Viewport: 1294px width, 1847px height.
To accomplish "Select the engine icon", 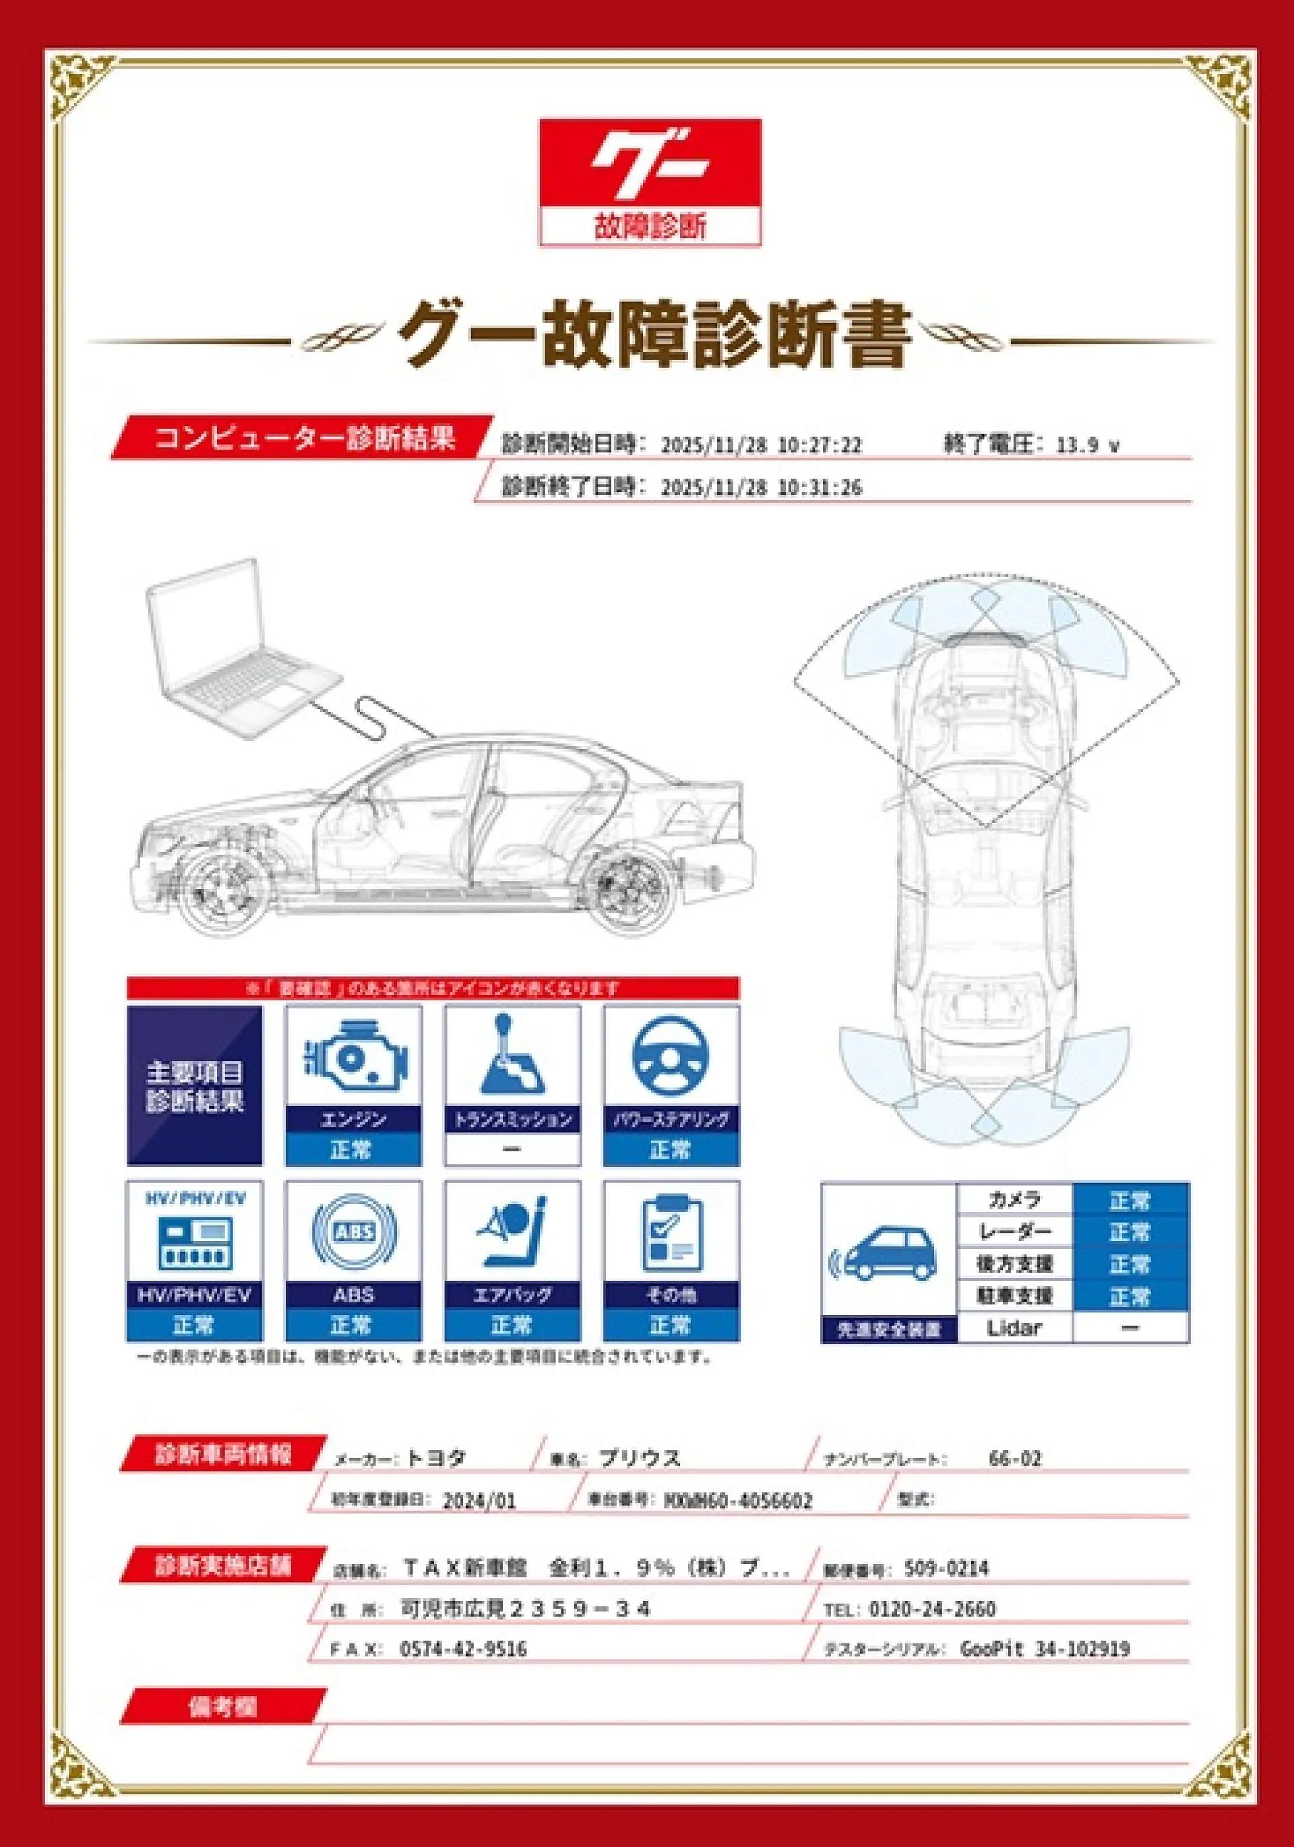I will coord(354,1060).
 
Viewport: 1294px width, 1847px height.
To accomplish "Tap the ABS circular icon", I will coord(354,1232).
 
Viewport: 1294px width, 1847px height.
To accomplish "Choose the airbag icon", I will coord(512,1232).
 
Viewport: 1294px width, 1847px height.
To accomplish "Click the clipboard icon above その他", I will coord(671,1232).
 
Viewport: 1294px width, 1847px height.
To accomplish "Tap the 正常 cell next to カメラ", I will coord(1130,1201).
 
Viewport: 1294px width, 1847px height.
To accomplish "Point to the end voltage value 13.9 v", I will coord(1087,445).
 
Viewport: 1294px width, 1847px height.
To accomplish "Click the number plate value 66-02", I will coord(1015,1459).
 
